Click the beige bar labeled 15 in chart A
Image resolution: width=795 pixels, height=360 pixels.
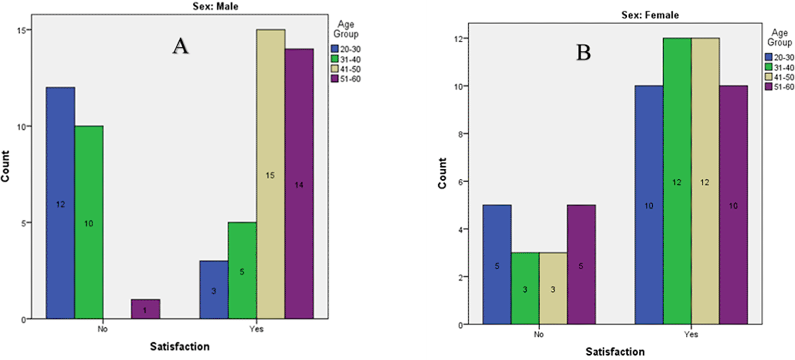(x=271, y=174)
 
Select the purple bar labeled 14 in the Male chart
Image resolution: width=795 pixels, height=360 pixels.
(x=299, y=184)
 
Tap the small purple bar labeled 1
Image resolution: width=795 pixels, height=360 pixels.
(x=145, y=309)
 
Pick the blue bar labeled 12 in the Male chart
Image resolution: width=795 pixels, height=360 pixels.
(x=60, y=203)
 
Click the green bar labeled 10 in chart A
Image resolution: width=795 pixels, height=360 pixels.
(x=89, y=222)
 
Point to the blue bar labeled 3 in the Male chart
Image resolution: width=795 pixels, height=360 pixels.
(x=214, y=290)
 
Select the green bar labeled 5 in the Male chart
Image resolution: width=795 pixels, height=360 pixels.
(x=242, y=271)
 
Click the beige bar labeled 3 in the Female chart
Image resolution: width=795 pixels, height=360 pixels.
(x=553, y=288)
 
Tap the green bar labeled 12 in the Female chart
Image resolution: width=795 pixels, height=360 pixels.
(x=677, y=181)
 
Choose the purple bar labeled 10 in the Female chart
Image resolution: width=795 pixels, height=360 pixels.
(x=733, y=205)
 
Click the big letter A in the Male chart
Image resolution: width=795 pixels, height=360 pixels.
(x=180, y=46)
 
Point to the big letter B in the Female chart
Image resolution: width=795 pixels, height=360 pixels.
(x=584, y=52)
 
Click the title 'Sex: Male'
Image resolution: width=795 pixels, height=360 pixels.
(x=215, y=6)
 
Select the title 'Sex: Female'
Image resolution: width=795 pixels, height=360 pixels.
(x=650, y=15)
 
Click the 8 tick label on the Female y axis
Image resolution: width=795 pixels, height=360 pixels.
(x=460, y=134)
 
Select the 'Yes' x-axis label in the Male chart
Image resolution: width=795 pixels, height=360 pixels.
(x=256, y=329)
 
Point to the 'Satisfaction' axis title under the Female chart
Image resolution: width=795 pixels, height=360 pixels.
(x=615, y=352)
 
